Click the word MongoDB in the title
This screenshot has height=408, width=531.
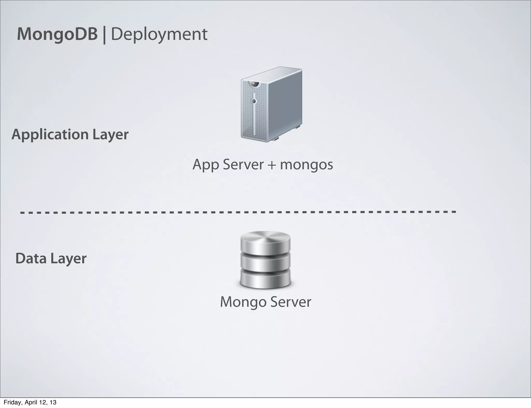tap(57, 34)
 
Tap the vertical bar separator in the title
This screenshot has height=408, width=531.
tap(104, 35)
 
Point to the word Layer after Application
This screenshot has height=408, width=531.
tap(110, 135)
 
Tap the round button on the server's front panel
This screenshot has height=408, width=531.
tap(254, 101)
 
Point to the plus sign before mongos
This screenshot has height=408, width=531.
tap(271, 165)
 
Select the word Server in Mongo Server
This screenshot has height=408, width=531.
tap(291, 302)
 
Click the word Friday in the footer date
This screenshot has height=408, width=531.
tap(11, 402)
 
